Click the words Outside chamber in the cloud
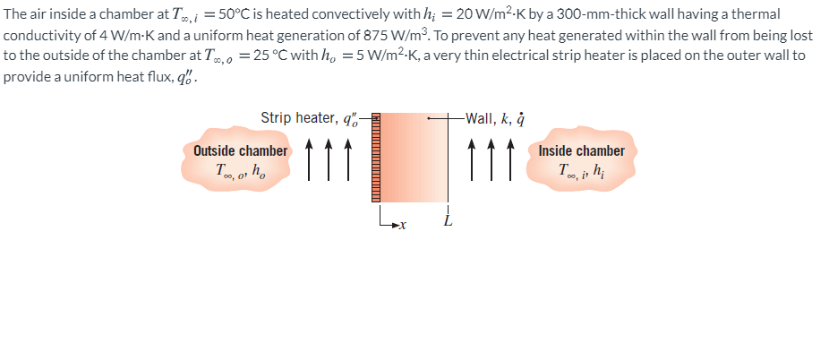pos(241,150)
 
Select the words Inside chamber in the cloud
pos(581,150)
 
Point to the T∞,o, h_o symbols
pos(240,170)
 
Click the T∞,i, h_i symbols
pos(581,170)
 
